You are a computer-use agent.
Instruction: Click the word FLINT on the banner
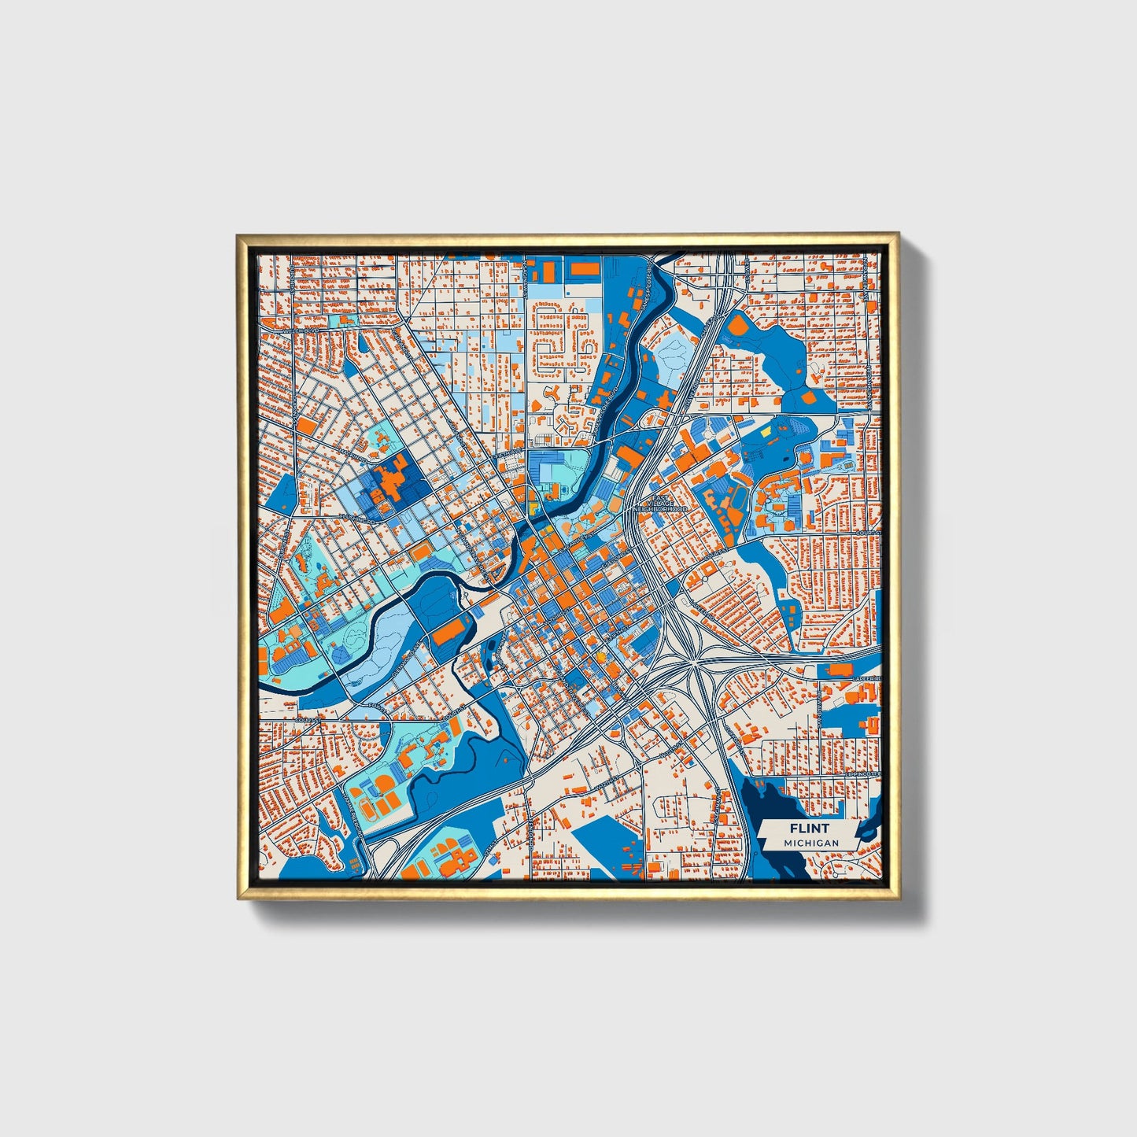pyautogui.click(x=810, y=828)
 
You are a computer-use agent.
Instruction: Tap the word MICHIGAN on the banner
pyautogui.click(x=810, y=843)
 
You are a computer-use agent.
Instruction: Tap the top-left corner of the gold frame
pyautogui.click(x=237, y=234)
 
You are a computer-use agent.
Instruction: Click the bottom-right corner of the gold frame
pyautogui.click(x=899, y=899)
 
